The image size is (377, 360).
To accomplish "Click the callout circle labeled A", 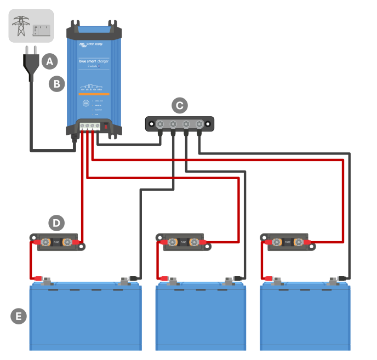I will [x=50, y=61].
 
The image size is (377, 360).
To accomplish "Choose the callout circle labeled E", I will [x=19, y=316].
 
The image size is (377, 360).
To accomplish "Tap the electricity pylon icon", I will [x=21, y=26].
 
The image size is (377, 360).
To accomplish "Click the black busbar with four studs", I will [x=179, y=124].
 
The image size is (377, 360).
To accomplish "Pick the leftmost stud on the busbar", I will [x=159, y=124].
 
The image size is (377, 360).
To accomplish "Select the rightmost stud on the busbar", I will [x=199, y=124].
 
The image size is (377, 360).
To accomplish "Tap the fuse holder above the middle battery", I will [x=184, y=242].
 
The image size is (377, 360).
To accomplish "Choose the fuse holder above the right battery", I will [x=288, y=242].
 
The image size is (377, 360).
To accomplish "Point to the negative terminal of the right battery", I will [x=333, y=282].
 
